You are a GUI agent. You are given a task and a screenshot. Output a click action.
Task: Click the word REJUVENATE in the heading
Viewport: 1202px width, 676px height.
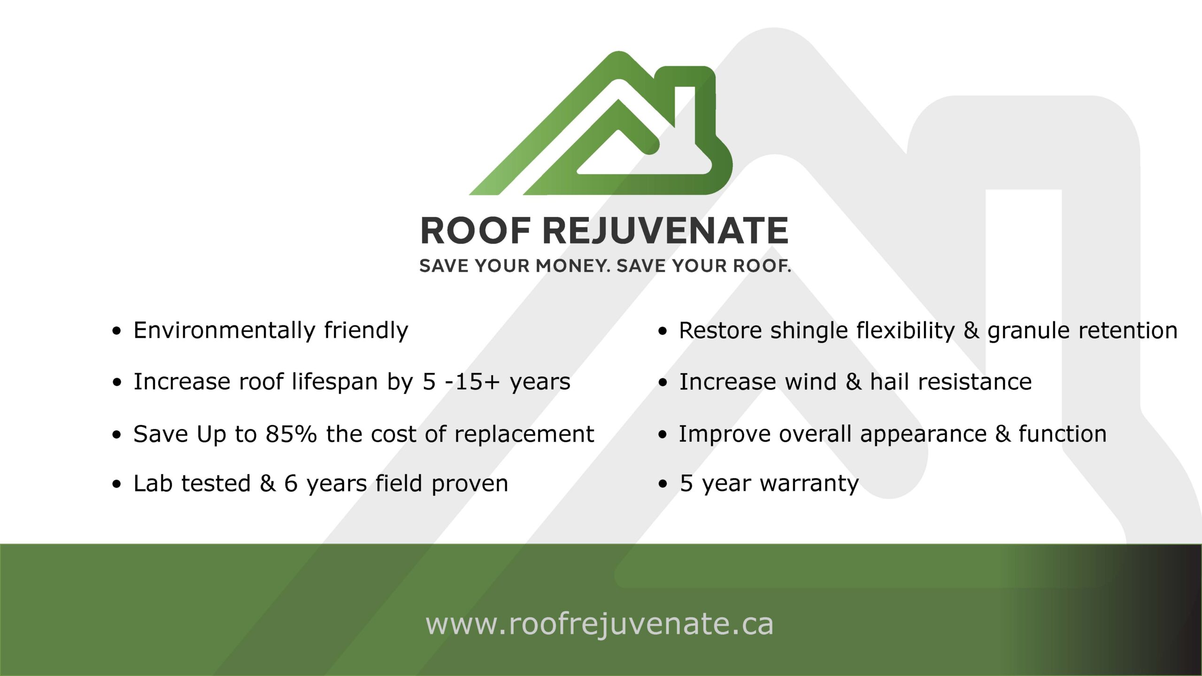pyautogui.click(x=665, y=231)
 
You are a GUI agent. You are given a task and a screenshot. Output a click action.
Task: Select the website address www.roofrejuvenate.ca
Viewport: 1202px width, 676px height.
pyautogui.click(x=599, y=624)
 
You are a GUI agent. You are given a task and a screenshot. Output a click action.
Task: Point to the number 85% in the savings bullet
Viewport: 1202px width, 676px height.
pyautogui.click(x=291, y=434)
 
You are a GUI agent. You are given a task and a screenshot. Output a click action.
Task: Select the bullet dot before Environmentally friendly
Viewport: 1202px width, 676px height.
pyautogui.click(x=116, y=331)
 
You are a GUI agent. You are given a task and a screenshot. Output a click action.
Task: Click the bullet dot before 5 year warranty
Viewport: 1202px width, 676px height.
pyautogui.click(x=663, y=484)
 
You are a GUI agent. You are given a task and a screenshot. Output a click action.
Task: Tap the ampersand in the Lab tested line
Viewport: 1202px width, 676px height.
pyautogui.click(x=268, y=484)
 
